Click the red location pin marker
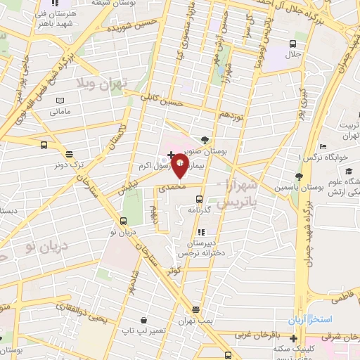point(179,168)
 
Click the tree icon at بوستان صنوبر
point(205,139)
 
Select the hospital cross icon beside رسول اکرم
point(171,153)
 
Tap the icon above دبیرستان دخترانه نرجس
point(200,231)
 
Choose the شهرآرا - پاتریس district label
point(238,194)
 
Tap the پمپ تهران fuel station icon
point(195,309)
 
